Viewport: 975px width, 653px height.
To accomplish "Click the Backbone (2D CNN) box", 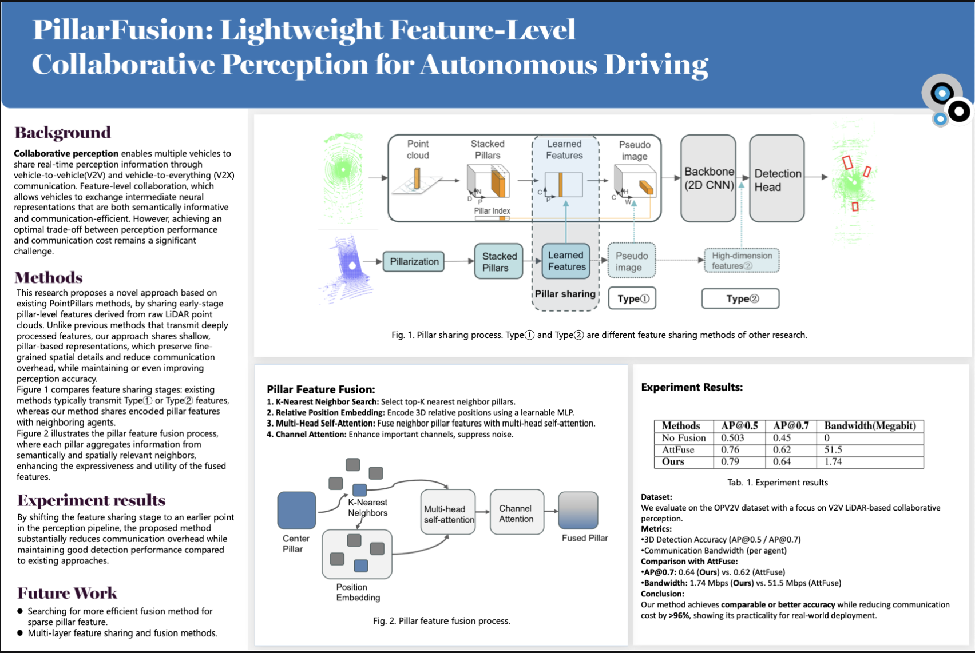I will click(x=708, y=178).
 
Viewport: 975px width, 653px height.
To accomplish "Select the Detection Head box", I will click(x=776, y=179).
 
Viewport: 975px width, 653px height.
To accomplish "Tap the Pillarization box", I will click(x=414, y=261).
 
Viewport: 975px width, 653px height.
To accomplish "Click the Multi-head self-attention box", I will click(x=448, y=513).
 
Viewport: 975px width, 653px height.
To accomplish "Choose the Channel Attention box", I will click(x=517, y=513).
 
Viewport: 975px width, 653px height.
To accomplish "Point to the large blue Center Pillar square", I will click(x=296, y=510).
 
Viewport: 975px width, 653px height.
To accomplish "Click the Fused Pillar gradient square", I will click(x=578, y=510).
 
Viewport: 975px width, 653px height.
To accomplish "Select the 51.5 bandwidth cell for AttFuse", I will click(x=833, y=449).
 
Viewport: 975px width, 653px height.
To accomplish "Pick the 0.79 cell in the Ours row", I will click(x=730, y=461).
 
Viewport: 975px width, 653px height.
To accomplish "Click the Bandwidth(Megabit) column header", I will click(x=870, y=425).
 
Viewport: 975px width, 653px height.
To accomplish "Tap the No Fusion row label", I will click(x=684, y=438).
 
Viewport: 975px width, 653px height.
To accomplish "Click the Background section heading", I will click(x=63, y=133).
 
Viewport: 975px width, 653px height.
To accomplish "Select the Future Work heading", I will click(x=67, y=593).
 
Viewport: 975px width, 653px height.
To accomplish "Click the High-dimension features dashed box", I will click(x=742, y=261).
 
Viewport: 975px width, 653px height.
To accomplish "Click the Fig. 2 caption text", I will click(x=441, y=620).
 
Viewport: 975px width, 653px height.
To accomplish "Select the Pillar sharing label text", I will click(x=565, y=293).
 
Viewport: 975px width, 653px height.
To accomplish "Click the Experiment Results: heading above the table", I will click(x=691, y=387).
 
